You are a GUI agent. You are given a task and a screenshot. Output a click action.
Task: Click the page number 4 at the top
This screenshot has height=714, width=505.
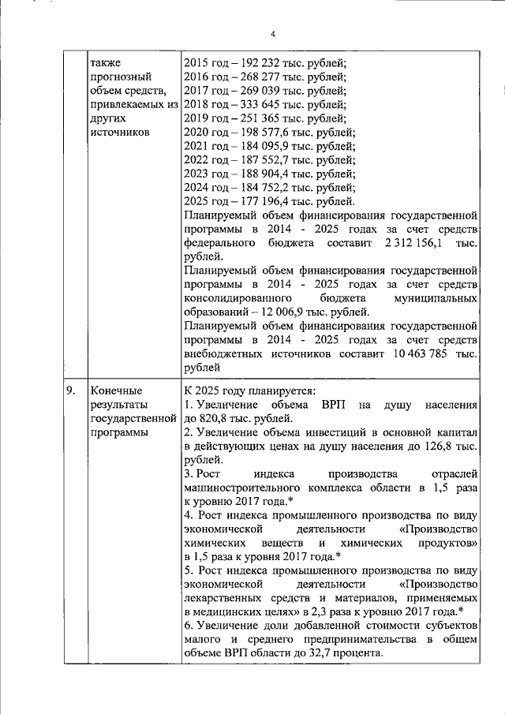pos(273,34)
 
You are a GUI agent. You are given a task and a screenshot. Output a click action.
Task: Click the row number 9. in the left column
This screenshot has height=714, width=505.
pos(71,391)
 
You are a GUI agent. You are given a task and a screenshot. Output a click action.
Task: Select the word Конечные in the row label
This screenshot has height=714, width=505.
pos(115,391)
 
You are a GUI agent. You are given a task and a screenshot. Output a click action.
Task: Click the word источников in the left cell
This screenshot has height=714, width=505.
pos(119,133)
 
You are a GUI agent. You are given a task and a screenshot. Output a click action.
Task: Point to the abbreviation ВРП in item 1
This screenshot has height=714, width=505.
pos(331,405)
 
